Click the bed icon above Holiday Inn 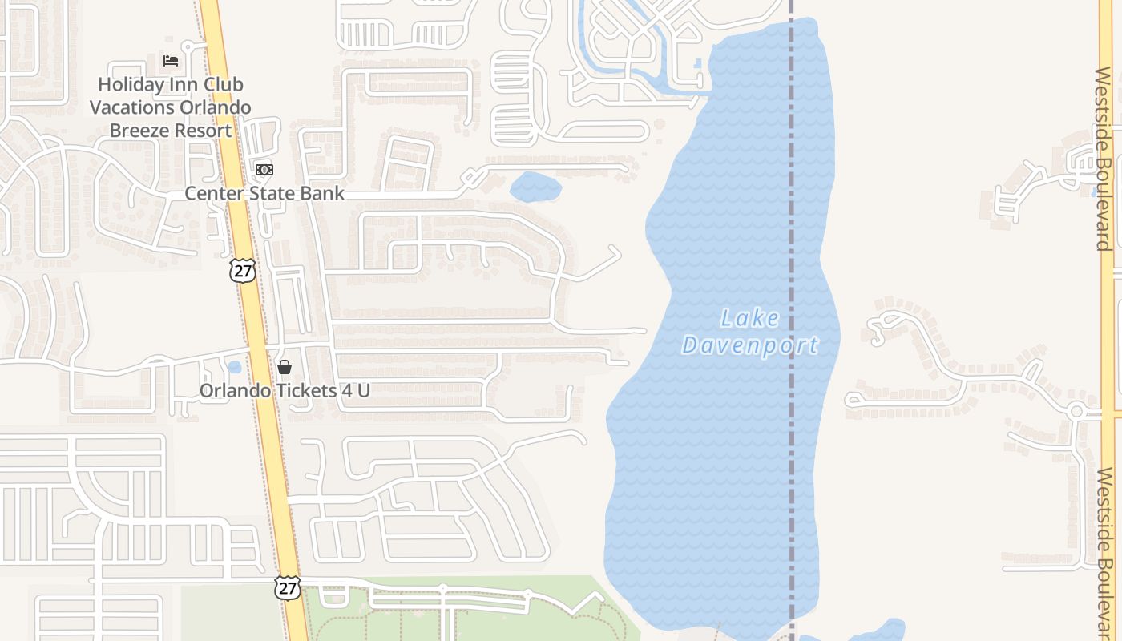(171, 60)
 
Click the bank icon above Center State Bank (264, 170)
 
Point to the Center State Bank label (264, 193)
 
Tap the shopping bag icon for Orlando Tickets (285, 367)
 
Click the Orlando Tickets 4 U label (285, 391)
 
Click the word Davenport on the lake (749, 345)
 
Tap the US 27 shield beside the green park (288, 587)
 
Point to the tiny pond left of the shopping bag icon (234, 367)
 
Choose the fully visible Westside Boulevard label (1104, 159)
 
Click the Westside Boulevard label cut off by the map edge (1106, 553)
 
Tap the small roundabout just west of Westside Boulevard (1076, 411)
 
